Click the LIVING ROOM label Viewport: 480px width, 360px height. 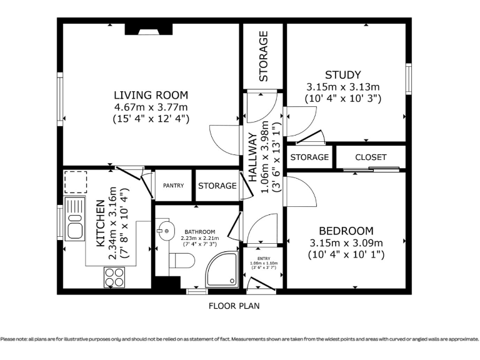tap(151, 95)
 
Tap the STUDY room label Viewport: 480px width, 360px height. tap(343, 75)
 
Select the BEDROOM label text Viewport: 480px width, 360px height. tap(346, 231)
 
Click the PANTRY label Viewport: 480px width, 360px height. tap(173, 186)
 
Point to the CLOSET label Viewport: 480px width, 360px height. tap(371, 157)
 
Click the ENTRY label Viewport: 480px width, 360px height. tap(264, 258)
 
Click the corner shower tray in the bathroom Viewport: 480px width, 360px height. tap(222, 270)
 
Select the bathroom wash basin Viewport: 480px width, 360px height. tap(165, 230)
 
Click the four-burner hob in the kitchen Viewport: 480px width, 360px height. tap(114, 277)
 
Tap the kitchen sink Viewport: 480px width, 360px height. tap(75, 218)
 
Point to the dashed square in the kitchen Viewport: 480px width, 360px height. tap(75, 182)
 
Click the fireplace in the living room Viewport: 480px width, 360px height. tap(149, 29)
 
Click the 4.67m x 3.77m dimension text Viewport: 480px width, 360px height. tap(151, 107)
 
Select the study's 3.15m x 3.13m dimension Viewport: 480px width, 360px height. tap(343, 87)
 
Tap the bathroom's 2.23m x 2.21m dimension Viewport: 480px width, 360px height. tap(200, 238)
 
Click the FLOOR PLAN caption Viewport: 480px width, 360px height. tap(234, 306)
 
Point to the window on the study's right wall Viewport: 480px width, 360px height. tap(408, 79)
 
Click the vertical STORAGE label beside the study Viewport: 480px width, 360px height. tap(263, 56)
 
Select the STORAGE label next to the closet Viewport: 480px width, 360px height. tap(309, 157)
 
